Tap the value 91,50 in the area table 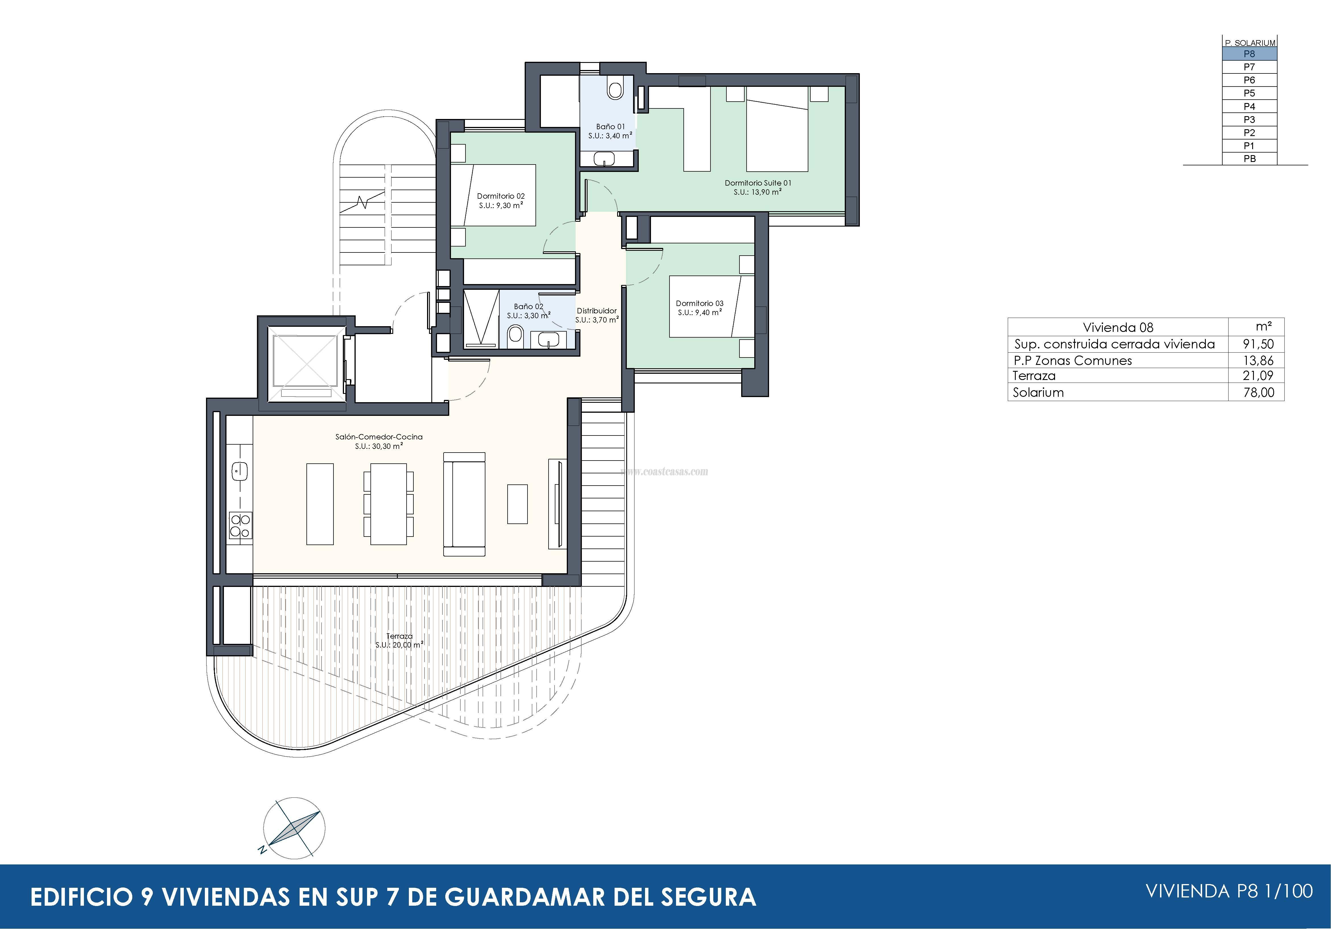pyautogui.click(x=1258, y=344)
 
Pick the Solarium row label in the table pyautogui.click(x=1038, y=393)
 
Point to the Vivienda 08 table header pyautogui.click(x=1118, y=327)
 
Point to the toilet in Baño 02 pyautogui.click(x=515, y=334)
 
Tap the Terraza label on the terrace pyautogui.click(x=399, y=636)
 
